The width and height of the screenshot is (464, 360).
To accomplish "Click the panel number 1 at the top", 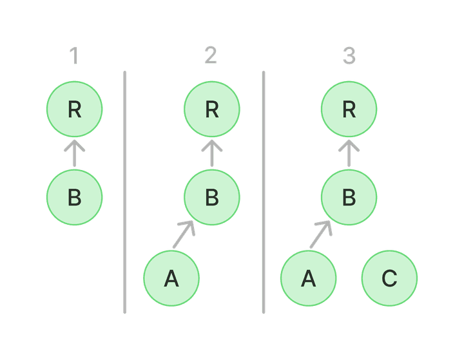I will point(74,57).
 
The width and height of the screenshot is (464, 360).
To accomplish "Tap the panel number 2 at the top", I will point(211,57).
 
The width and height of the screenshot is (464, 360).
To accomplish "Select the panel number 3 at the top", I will point(349,57).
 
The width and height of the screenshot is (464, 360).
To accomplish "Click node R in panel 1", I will point(75,109).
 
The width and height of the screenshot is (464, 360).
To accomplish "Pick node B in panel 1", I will point(75,198).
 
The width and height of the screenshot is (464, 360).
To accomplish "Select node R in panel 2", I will point(212,109).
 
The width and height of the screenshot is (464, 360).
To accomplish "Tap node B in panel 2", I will point(212,198).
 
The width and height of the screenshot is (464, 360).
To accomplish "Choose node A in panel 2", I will point(171,278).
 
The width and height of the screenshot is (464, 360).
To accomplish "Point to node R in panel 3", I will point(349,109).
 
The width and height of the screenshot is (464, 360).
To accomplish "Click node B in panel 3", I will point(349,198).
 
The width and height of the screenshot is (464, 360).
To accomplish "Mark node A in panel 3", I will point(309,278).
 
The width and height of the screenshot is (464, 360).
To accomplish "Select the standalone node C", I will point(389,278).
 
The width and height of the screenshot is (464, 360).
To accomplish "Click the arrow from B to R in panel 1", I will point(75,153).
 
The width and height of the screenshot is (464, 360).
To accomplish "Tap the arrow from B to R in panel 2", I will point(212,153).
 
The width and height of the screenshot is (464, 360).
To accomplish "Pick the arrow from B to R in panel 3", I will point(349,153).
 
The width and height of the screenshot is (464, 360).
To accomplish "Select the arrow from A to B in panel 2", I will point(183,234).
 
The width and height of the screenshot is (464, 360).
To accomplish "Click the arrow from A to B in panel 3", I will point(320,234).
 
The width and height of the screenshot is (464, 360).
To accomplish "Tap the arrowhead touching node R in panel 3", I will point(349,144).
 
